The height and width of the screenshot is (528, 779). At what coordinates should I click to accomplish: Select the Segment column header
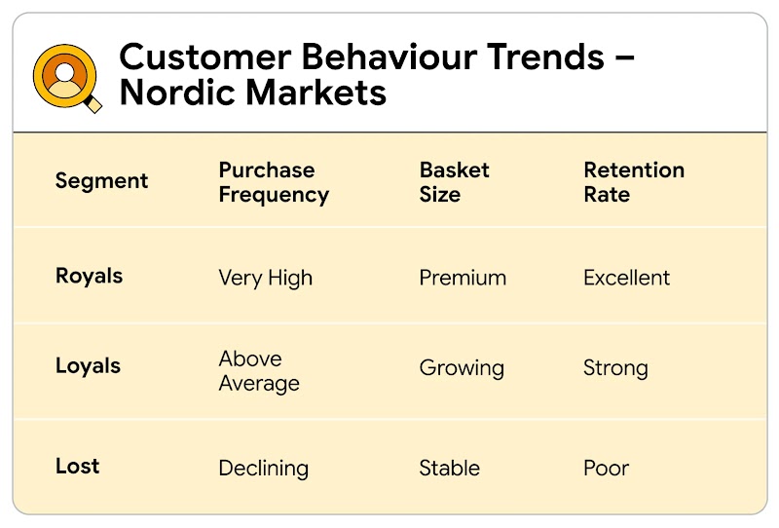point(101,181)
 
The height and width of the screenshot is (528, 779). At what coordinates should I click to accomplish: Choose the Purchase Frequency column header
point(274,182)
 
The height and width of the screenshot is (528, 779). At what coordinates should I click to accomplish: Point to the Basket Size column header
point(454,182)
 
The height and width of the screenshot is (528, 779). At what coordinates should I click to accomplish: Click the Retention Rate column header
point(634,182)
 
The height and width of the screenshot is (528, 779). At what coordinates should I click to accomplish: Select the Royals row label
point(89,276)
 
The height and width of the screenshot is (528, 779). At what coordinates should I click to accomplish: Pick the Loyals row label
point(88,366)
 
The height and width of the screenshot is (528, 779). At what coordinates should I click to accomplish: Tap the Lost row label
point(77,466)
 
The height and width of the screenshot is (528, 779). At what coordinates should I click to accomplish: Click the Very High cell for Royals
point(266,278)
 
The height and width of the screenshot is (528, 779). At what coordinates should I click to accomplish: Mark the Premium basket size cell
point(463,278)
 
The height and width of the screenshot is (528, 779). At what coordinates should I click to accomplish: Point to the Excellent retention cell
point(626,278)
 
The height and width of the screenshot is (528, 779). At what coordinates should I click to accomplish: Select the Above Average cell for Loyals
point(259,371)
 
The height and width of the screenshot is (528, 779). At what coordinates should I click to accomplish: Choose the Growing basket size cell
point(462,368)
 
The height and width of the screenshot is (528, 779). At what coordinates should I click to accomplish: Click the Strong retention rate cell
point(615,368)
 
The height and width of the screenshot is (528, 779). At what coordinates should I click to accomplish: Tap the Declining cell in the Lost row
point(263,469)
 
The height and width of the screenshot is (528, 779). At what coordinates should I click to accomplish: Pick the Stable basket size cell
point(449,468)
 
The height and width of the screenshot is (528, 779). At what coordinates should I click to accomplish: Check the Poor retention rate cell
point(606,468)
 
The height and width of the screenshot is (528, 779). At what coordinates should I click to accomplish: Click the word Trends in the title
point(547,57)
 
